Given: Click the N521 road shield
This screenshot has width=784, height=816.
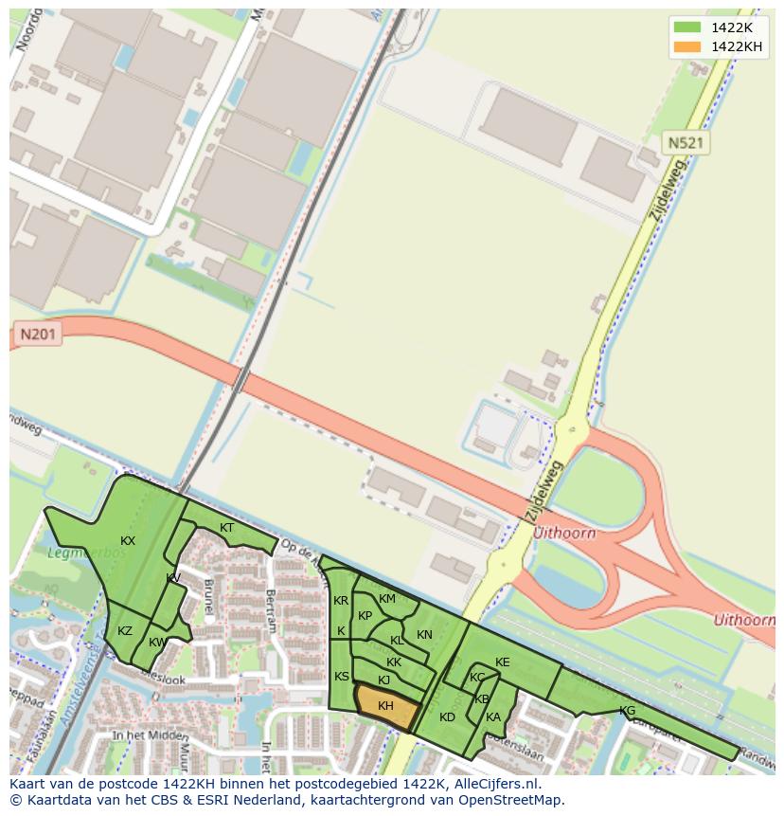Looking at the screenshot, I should [x=686, y=143].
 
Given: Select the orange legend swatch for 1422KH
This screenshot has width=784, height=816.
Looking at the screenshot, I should [x=687, y=47].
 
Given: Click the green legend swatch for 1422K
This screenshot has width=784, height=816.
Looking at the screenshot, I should [x=687, y=27].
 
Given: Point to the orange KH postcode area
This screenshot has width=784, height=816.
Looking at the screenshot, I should [x=386, y=706].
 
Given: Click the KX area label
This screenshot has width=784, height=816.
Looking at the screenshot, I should [x=128, y=541].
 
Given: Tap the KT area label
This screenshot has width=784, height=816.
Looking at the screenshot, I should [x=227, y=528].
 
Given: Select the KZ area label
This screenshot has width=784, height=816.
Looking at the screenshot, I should [x=125, y=631].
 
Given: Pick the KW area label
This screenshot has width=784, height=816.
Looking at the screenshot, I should [x=157, y=643].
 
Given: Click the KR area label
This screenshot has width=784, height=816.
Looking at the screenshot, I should [x=341, y=601].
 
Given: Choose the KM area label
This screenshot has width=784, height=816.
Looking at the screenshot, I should [x=387, y=599].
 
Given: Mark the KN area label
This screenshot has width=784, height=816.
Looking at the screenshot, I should [x=424, y=635].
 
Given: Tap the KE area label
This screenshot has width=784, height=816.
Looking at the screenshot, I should [x=503, y=662].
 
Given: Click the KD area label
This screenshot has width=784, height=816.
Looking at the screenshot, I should [x=448, y=717].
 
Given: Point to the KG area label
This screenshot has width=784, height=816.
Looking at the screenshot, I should [x=627, y=711].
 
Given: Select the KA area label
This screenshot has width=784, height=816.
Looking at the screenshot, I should [x=493, y=717].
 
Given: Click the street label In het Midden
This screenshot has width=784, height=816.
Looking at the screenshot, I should [x=149, y=735].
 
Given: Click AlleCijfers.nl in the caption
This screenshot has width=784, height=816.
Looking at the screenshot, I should [x=493, y=784].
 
